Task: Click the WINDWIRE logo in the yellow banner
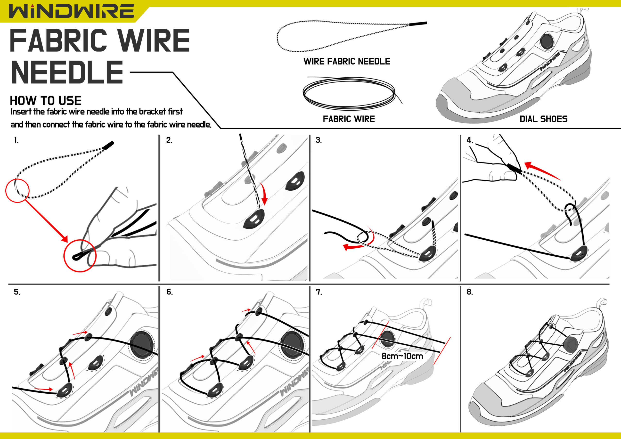tap(71, 11)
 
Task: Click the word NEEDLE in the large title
tap(67, 72)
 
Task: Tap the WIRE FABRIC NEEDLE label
tap(346, 61)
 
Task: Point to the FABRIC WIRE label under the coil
tap(349, 119)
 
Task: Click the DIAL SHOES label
tap(543, 119)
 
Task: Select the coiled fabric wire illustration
tap(349, 92)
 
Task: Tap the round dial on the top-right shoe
tap(547, 41)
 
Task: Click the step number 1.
tap(16, 140)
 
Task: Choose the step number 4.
tap(470, 140)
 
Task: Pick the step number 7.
tap(319, 292)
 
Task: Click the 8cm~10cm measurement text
tap(402, 356)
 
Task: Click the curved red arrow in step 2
tap(264, 194)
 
